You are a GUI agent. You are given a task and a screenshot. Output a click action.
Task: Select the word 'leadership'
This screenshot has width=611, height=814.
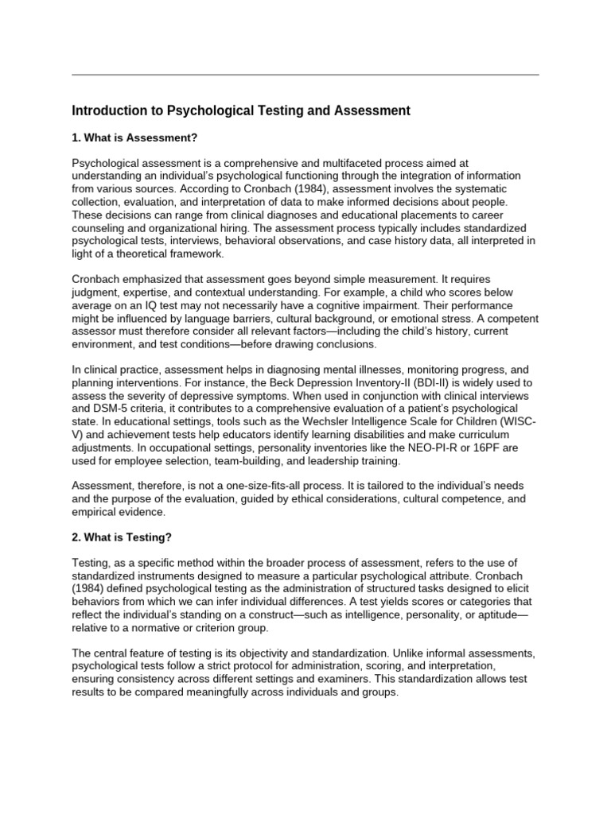click(x=331, y=460)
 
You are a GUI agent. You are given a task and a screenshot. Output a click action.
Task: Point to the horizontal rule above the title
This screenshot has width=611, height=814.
click(x=305, y=75)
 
